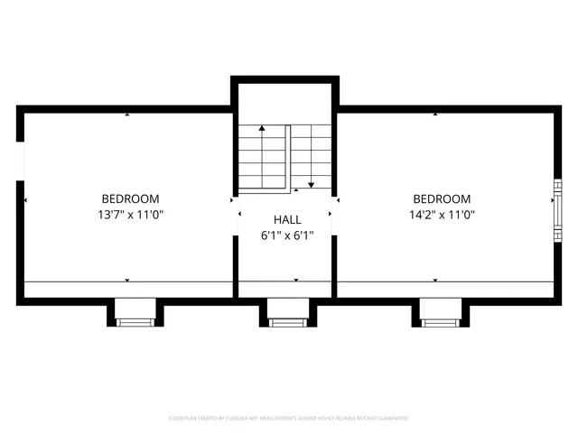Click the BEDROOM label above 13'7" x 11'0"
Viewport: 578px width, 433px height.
pyautogui.click(x=130, y=198)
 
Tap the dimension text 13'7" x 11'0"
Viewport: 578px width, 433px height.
pyautogui.click(x=130, y=215)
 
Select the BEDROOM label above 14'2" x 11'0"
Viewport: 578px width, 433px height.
pyautogui.click(x=442, y=198)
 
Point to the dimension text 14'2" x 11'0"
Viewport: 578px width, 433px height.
pyautogui.click(x=442, y=215)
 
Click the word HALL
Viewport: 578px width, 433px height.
pyautogui.click(x=287, y=219)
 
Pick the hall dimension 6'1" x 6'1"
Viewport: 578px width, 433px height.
pyautogui.click(x=287, y=235)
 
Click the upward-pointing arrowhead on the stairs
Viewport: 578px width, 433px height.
pyautogui.click(x=262, y=129)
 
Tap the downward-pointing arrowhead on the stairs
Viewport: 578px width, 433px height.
pyautogui.click(x=311, y=184)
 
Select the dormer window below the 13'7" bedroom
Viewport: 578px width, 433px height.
pyautogui.click(x=135, y=321)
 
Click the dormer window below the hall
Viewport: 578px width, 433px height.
pyautogui.click(x=288, y=321)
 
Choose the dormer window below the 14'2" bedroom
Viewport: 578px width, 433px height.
pyautogui.click(x=440, y=321)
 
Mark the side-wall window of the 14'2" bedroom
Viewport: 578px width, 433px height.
pyautogui.click(x=557, y=209)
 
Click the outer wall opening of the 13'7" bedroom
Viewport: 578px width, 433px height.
pyautogui.click(x=20, y=161)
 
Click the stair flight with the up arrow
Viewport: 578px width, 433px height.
pyautogui.click(x=262, y=158)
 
